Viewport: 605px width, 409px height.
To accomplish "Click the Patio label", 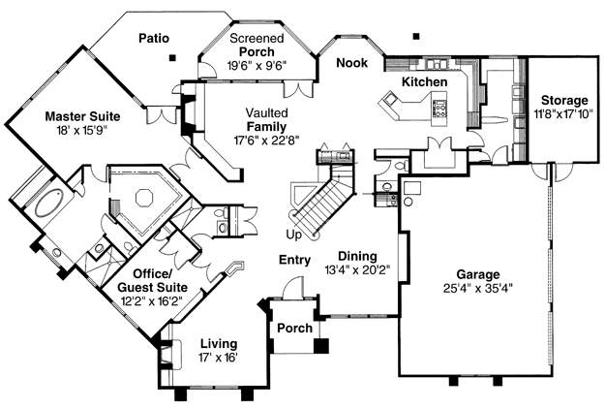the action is [x=154, y=38].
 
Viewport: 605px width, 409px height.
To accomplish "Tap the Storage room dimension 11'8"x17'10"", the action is [x=564, y=114].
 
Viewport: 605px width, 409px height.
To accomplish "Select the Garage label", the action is [x=478, y=274].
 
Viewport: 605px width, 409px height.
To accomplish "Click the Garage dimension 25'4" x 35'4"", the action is [x=478, y=288].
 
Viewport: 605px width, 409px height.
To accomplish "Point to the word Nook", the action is [x=352, y=63].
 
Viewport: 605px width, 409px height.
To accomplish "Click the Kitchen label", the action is [x=424, y=81].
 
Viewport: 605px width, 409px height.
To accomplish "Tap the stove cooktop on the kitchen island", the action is [x=439, y=108].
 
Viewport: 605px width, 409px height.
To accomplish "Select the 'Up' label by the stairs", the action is [x=293, y=235].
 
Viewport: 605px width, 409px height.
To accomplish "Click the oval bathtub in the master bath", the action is [x=50, y=203].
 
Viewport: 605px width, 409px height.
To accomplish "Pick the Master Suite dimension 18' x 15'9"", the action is [x=82, y=130].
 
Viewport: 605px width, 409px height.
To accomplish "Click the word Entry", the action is [x=295, y=260].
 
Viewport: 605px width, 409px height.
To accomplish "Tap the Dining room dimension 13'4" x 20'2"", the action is [x=357, y=269].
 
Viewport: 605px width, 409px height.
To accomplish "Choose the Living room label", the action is [x=219, y=343].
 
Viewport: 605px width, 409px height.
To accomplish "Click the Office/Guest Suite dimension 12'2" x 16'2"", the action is [x=152, y=300].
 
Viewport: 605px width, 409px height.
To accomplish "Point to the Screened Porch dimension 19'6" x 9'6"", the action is [x=257, y=65].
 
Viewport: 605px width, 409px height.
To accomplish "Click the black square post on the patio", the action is [x=172, y=58].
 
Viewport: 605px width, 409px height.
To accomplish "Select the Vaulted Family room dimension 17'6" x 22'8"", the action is [x=266, y=140].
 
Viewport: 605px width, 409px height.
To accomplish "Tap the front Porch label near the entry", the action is [x=295, y=329].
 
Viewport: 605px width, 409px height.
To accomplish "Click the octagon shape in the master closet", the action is [x=144, y=198].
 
